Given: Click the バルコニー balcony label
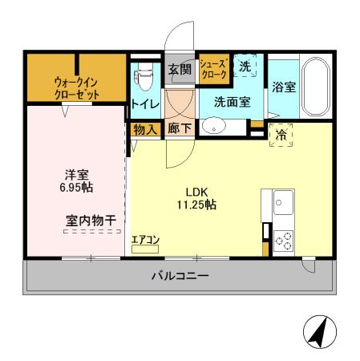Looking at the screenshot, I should (180, 277).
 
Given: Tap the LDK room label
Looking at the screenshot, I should (197, 193).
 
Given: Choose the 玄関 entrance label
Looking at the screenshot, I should (180, 71).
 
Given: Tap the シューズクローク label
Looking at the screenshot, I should (213, 68).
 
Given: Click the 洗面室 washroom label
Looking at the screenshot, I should (231, 102).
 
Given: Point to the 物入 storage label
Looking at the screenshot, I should (144, 128).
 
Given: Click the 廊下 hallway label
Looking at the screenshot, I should (179, 128).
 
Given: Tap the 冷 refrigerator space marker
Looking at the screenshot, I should (281, 136).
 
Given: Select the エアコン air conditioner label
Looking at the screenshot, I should (145, 239).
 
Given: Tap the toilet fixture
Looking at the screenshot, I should (144, 78).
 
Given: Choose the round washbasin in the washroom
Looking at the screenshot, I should (212, 125).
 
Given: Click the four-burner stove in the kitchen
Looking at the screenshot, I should (283, 239).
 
